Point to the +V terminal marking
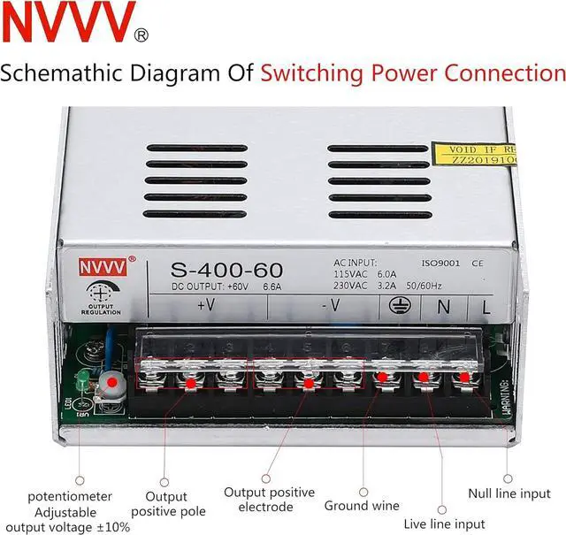tap(206, 306)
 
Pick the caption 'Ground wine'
tap(362, 506)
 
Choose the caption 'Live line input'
tap(444, 524)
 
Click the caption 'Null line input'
tap(509, 493)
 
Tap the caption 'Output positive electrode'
tap(269, 500)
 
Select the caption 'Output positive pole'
tap(169, 504)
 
